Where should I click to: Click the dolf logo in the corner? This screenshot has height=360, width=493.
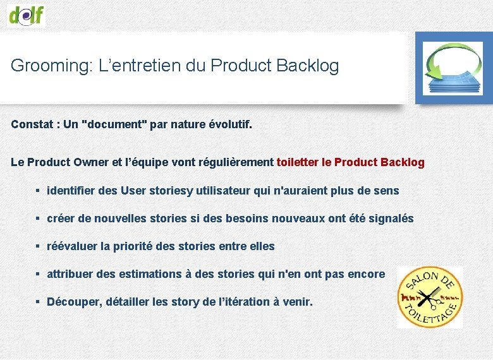(x=27, y=14)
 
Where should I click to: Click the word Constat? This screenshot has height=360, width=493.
(x=32, y=124)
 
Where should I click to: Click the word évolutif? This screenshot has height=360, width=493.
(x=229, y=124)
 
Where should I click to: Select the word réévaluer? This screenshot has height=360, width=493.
(x=72, y=246)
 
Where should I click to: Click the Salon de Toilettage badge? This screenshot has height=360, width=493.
(x=430, y=297)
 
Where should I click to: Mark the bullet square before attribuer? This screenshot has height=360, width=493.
(x=39, y=274)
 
